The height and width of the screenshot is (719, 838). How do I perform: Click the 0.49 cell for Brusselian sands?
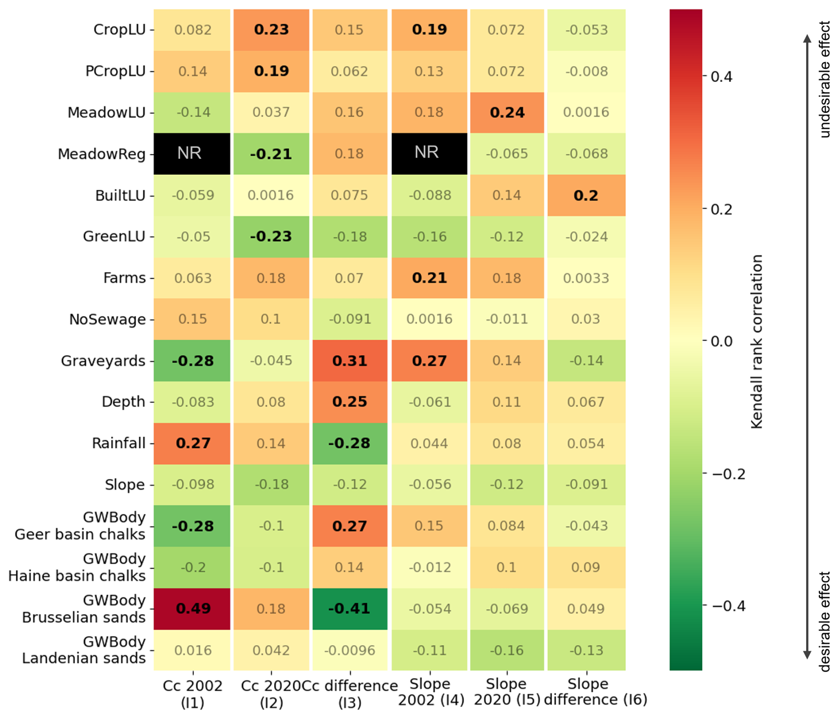192,609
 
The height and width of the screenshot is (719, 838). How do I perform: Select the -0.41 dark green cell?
349,609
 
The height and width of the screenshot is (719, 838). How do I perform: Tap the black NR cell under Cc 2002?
191,154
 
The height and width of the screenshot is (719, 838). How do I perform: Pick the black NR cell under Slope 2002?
429,154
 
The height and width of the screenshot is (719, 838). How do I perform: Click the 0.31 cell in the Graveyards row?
349,361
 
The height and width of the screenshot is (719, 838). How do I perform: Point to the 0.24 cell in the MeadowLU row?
507,112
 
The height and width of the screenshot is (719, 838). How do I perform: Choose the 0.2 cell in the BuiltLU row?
586,195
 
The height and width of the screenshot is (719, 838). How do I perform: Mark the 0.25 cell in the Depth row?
349,402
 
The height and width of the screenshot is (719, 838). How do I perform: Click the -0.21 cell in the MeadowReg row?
271,154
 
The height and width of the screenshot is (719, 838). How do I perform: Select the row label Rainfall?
119,443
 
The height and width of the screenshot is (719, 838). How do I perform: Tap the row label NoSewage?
107,319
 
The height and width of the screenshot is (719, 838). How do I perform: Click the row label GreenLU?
114,236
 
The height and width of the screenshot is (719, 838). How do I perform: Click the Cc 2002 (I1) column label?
192,694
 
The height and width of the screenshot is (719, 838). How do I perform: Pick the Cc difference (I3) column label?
349,694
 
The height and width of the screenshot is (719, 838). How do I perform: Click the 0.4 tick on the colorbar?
721,77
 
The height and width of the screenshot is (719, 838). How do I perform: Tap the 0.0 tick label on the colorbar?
721,341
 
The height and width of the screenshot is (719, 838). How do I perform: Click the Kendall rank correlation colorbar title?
757,341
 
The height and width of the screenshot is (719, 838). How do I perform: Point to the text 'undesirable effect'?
825,80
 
